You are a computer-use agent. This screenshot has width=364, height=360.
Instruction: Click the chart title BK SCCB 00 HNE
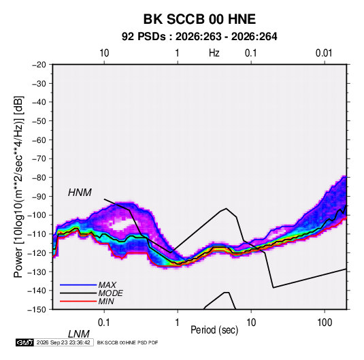(x=199, y=19)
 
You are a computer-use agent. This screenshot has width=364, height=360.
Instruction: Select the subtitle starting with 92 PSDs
(x=199, y=37)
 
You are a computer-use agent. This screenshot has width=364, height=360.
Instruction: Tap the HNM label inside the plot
(x=80, y=193)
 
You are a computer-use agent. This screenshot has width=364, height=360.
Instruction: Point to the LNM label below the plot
(x=78, y=334)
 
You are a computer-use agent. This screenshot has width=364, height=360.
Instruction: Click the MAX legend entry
(x=107, y=284)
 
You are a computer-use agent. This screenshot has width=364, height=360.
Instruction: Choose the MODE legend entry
(x=110, y=293)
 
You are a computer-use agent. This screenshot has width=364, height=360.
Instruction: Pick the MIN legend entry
(x=106, y=301)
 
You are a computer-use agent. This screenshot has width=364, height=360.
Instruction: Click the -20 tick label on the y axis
(x=39, y=65)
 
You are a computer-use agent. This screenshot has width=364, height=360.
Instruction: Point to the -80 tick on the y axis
(x=39, y=178)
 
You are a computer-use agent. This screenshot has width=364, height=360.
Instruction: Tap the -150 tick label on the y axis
(x=37, y=310)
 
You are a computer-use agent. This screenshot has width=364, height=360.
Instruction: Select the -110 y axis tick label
(x=37, y=234)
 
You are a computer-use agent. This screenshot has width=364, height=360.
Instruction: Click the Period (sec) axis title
(x=214, y=330)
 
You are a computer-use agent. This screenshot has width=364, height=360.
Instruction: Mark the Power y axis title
(x=18, y=186)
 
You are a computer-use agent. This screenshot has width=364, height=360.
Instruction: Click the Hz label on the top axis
(x=214, y=53)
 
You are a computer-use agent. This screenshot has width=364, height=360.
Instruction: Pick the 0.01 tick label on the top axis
(x=324, y=53)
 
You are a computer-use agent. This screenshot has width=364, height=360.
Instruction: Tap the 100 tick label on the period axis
(x=325, y=323)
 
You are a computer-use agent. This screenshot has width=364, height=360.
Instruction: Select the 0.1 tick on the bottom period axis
(x=104, y=323)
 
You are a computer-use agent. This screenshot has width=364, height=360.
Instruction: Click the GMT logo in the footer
(x=24, y=342)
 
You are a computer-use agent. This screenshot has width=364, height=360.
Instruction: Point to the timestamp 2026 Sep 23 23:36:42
(x=63, y=342)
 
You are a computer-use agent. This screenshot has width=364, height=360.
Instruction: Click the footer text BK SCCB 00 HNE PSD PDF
(x=127, y=342)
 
